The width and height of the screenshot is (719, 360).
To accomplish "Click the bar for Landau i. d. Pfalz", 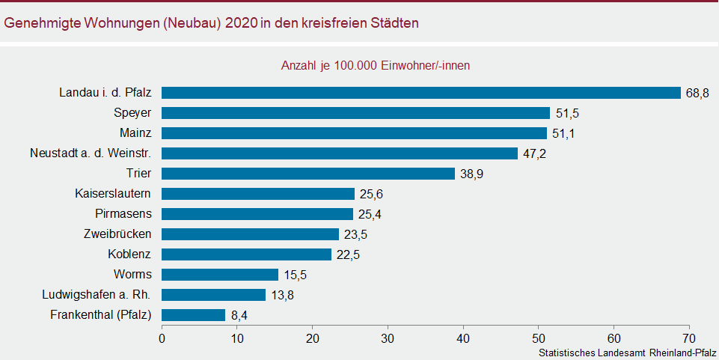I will click(421, 93).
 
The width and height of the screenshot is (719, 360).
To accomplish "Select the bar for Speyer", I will click(356, 113).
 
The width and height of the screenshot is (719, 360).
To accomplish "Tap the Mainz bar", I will click(355, 133).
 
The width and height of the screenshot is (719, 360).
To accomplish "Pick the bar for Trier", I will click(308, 174).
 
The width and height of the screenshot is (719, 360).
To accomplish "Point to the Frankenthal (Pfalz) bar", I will click(194, 315).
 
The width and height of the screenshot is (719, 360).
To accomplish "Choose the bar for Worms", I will click(220, 275).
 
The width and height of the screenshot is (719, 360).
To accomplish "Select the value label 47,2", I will click(533, 153).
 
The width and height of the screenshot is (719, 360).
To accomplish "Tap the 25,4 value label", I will click(370, 214).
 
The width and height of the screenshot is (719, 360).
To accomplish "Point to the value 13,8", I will click(282, 295).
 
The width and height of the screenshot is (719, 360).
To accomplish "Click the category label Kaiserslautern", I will click(114, 194).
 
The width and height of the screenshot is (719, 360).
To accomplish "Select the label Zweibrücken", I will click(118, 234).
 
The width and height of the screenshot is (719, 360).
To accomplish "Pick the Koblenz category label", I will click(130, 254).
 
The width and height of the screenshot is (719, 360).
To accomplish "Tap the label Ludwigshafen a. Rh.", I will click(101, 295).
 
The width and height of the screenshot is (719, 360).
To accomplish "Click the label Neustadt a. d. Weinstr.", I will click(91, 153).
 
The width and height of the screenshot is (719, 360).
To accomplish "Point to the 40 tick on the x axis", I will click(463, 338).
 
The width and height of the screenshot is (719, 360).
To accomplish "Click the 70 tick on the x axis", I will click(689, 338).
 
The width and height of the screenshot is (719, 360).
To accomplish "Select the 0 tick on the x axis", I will click(162, 338).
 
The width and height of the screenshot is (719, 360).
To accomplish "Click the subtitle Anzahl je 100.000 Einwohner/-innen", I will click(375, 66).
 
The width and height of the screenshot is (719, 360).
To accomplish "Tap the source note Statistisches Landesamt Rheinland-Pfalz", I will click(626, 352).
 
